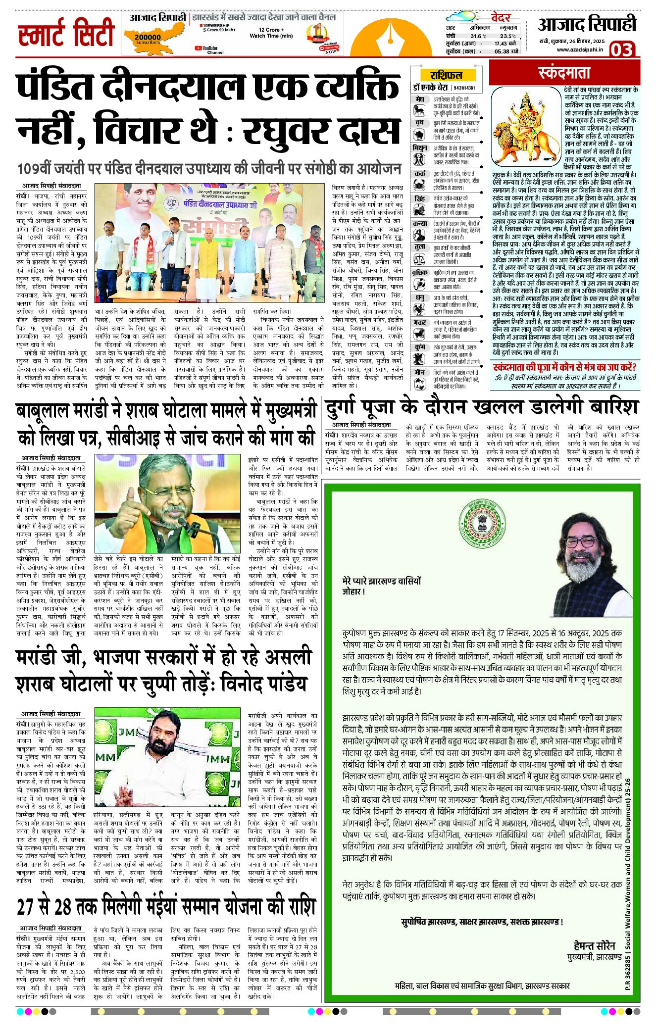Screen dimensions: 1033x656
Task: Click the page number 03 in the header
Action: tap(621, 50)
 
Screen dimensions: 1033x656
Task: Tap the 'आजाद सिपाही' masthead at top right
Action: tap(587, 25)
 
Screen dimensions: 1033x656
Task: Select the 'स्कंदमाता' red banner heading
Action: tap(564, 73)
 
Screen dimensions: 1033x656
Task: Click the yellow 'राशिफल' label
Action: tap(446, 75)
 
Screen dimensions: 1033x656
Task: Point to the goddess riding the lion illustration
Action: tap(526, 127)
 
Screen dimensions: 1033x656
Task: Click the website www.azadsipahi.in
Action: tap(579, 49)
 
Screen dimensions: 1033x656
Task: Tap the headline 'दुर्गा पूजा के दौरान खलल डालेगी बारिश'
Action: tap(481, 407)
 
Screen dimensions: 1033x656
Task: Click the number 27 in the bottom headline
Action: tap(27, 907)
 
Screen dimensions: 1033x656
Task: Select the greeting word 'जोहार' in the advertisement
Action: tap(353, 591)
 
